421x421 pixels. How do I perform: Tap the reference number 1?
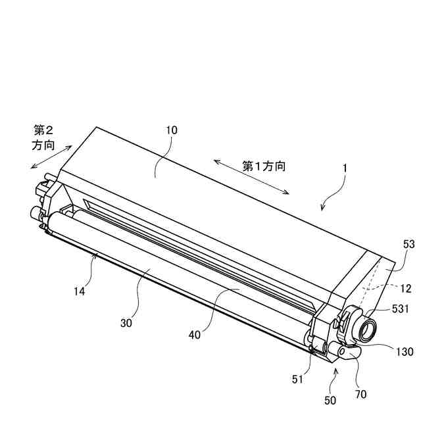344,168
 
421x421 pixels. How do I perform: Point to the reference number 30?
127,322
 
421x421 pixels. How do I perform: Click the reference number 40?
194,335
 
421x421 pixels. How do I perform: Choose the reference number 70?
361,394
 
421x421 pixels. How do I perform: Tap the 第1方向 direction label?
264,166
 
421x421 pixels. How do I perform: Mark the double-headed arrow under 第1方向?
252,176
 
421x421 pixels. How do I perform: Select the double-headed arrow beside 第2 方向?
52,158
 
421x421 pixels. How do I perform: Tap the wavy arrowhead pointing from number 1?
322,209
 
